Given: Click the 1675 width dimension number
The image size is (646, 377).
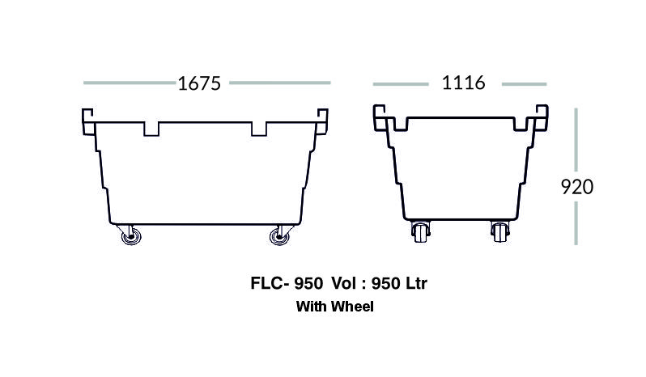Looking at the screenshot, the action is coord(199,83).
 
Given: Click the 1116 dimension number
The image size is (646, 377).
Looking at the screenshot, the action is coord(464,83).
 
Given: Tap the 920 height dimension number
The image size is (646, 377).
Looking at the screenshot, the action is coord(576,187).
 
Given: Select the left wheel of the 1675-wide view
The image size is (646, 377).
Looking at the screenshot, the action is coord(131,237).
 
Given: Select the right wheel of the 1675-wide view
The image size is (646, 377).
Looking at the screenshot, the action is coord(279,237).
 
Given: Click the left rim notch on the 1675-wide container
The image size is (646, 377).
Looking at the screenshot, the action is coord(151,129).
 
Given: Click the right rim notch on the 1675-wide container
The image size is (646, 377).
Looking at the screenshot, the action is coord(259,129).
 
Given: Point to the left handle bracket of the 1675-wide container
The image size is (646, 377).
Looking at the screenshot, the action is coord(88,122).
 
